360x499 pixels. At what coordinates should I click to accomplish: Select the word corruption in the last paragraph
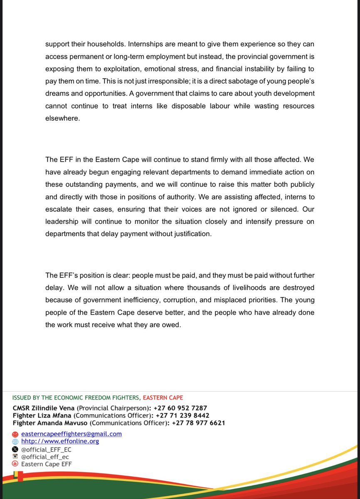click(x=190, y=300)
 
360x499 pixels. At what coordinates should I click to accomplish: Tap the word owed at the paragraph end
click(x=173, y=325)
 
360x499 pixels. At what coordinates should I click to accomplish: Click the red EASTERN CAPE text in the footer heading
click(x=163, y=398)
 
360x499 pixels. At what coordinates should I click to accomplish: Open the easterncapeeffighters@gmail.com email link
click(x=72, y=434)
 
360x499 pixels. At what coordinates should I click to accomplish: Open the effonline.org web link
click(x=60, y=441)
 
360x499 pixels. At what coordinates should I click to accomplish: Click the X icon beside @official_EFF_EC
click(x=15, y=449)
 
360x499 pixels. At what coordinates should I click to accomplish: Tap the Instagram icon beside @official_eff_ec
click(x=15, y=456)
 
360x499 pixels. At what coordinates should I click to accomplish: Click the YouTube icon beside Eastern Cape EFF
click(x=15, y=464)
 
